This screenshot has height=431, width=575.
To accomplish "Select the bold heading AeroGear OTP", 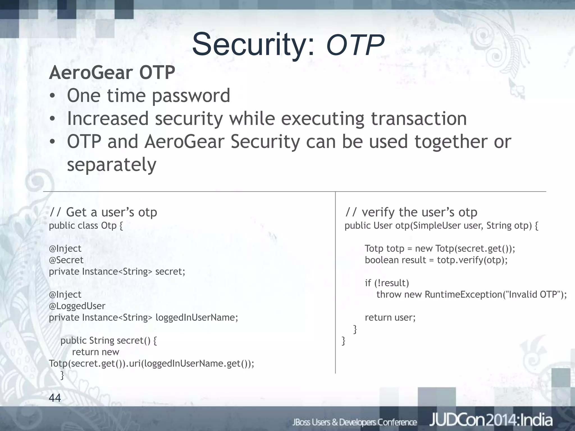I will (112, 73).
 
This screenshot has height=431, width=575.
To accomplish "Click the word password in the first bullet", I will (191, 96).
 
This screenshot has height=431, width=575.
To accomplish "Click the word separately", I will (111, 165).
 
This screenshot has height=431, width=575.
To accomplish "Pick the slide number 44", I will (55, 398).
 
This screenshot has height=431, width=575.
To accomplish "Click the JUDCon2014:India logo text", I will (491, 420).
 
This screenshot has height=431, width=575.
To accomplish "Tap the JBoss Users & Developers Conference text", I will (354, 422).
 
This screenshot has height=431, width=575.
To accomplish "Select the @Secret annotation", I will (66, 260).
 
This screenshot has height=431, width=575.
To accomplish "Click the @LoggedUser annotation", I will (77, 306).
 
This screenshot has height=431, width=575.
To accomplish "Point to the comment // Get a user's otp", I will (103, 212).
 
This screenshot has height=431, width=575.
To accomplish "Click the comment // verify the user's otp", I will (411, 212).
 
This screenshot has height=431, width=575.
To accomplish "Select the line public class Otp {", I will (86, 226).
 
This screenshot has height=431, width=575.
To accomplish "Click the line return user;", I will (390, 317).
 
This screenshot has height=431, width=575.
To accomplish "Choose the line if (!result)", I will (387, 283).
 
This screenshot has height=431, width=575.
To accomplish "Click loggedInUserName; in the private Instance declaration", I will (197, 317).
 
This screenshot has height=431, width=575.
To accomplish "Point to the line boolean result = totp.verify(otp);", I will (436, 260).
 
